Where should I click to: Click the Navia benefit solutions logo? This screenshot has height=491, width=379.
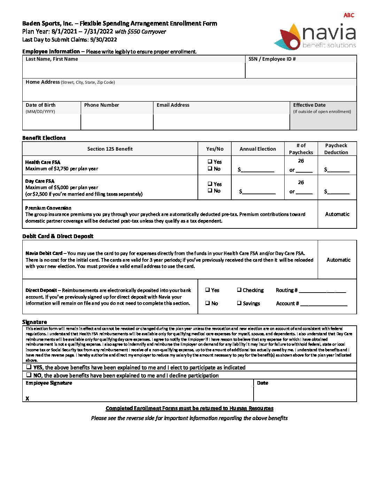[x=318, y=36]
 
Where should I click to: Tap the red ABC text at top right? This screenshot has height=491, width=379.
[x=348, y=15]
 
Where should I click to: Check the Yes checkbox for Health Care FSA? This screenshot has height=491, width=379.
[x=210, y=161]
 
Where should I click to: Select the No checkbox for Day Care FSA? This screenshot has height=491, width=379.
[x=210, y=190]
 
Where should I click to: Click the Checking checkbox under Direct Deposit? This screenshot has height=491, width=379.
[x=239, y=290]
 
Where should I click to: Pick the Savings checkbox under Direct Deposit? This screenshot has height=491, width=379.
[x=239, y=303]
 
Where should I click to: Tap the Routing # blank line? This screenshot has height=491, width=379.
[x=322, y=290]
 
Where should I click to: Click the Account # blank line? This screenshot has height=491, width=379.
[x=324, y=304]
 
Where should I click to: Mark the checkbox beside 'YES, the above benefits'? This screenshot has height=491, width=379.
[x=29, y=367]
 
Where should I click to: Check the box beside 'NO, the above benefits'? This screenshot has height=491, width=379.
[x=29, y=375]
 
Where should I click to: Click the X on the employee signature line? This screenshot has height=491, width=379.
[x=28, y=398]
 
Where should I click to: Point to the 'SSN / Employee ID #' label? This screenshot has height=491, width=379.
[x=272, y=59]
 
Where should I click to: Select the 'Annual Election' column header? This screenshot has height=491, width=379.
[x=257, y=149]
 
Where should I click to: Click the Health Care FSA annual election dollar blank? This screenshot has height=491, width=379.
[x=257, y=169]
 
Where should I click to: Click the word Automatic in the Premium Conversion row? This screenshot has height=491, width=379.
[x=337, y=214]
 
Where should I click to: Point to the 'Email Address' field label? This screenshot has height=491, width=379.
[x=173, y=105]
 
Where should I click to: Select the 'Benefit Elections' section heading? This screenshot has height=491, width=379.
[x=44, y=138]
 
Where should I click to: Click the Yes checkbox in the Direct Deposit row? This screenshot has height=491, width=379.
[x=208, y=290]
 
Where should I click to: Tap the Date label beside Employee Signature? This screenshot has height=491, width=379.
[x=262, y=383]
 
